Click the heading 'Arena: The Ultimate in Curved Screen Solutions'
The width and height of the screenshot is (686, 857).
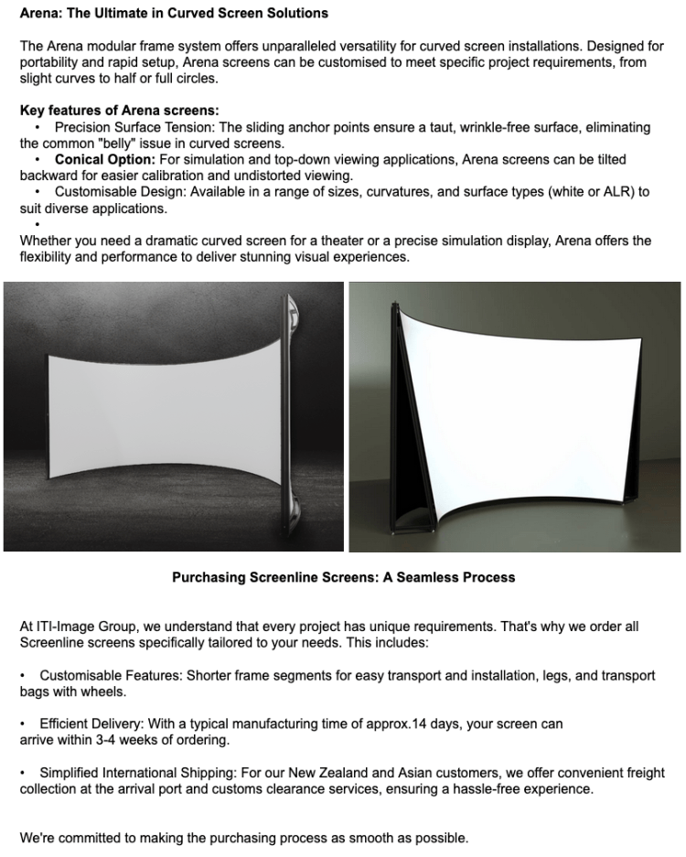pyautogui.click(x=174, y=14)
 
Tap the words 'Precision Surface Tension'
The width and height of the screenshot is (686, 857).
pyautogui.click(x=134, y=127)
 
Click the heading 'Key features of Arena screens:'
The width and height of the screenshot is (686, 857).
pyautogui.click(x=119, y=111)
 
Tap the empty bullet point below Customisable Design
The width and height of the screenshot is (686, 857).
pyautogui.click(x=38, y=224)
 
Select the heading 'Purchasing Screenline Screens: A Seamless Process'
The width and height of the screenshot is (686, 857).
pyautogui.click(x=343, y=577)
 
